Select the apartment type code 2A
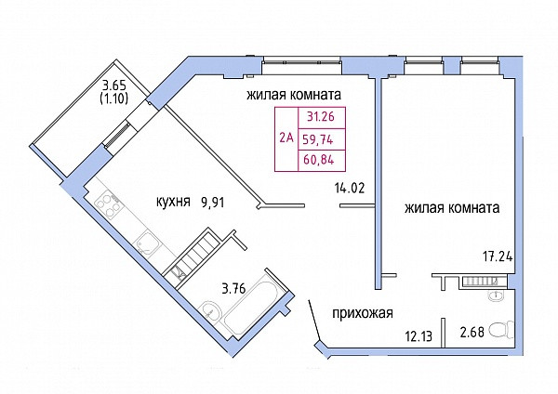coord(286,139)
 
